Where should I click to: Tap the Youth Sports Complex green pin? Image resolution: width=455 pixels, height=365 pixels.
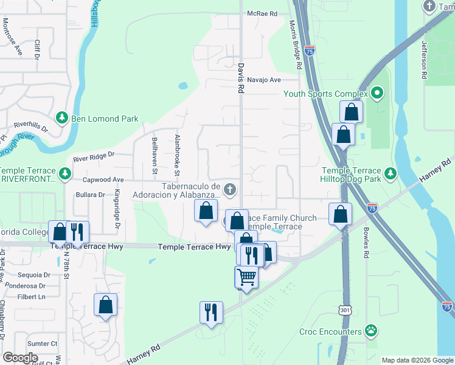coord(377,94)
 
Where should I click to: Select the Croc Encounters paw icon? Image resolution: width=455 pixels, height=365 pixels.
coord(370,332)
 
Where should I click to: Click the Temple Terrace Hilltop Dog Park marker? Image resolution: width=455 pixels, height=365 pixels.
coord(390,174)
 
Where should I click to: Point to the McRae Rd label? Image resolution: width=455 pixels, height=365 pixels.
coord(262,13)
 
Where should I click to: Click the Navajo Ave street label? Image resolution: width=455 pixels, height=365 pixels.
coord(266,80)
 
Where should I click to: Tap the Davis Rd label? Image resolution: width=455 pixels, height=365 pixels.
coord(241,78)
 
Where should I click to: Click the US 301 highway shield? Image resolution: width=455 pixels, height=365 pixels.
coord(346,311)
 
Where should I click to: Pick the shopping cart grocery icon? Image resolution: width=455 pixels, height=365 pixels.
coord(246,277)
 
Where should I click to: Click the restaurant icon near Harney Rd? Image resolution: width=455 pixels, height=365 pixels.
coord(211,312)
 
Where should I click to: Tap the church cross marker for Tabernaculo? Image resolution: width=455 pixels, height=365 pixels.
coord(230,189)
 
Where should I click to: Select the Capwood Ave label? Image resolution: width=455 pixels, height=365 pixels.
coord(103,180)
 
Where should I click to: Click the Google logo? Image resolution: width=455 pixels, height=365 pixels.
coord(20,358)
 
